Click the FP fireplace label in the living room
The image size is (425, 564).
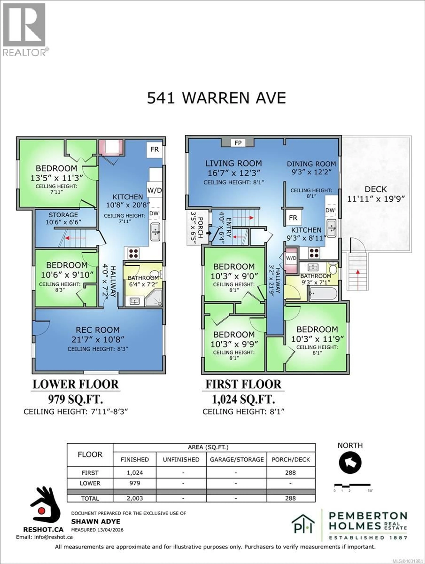click(x=238, y=143)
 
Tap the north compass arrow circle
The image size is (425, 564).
click(x=350, y=463)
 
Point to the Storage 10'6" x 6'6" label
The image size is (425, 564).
click(x=63, y=218)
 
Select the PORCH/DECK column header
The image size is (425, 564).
click(x=291, y=459)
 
